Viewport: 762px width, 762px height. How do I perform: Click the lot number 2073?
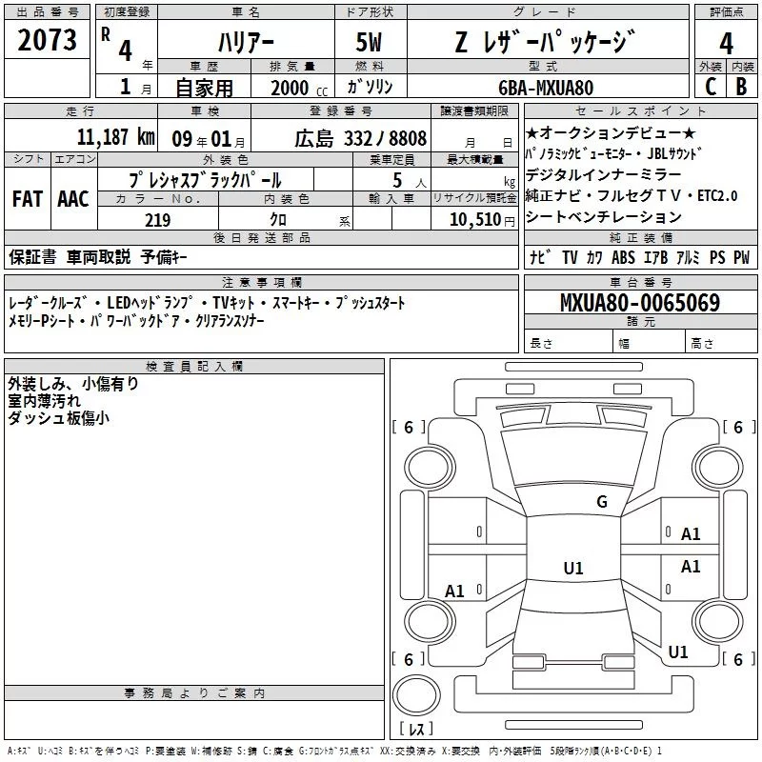[x=47, y=40]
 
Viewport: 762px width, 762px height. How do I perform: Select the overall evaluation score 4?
[x=726, y=44]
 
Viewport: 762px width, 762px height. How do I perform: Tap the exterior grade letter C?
[x=711, y=87]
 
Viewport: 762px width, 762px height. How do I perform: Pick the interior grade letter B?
[x=742, y=87]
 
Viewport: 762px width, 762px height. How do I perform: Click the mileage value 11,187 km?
[x=115, y=137]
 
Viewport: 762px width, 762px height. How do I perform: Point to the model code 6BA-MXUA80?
[x=546, y=88]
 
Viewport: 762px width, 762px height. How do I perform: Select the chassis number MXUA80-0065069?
[x=640, y=302]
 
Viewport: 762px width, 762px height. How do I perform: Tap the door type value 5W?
[x=369, y=43]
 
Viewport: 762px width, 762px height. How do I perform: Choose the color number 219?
[x=158, y=220]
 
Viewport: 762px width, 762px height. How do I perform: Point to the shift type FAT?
[x=28, y=199]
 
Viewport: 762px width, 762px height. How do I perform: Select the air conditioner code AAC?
[x=73, y=199]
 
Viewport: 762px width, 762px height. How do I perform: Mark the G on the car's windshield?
[x=602, y=501]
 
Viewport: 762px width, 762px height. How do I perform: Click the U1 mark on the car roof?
[x=573, y=568]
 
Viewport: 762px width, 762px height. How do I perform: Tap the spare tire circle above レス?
[x=416, y=694]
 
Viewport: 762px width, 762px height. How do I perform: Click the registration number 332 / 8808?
[x=385, y=138]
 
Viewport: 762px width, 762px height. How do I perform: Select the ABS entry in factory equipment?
[x=623, y=257]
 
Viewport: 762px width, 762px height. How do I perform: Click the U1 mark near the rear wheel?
[x=678, y=652]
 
